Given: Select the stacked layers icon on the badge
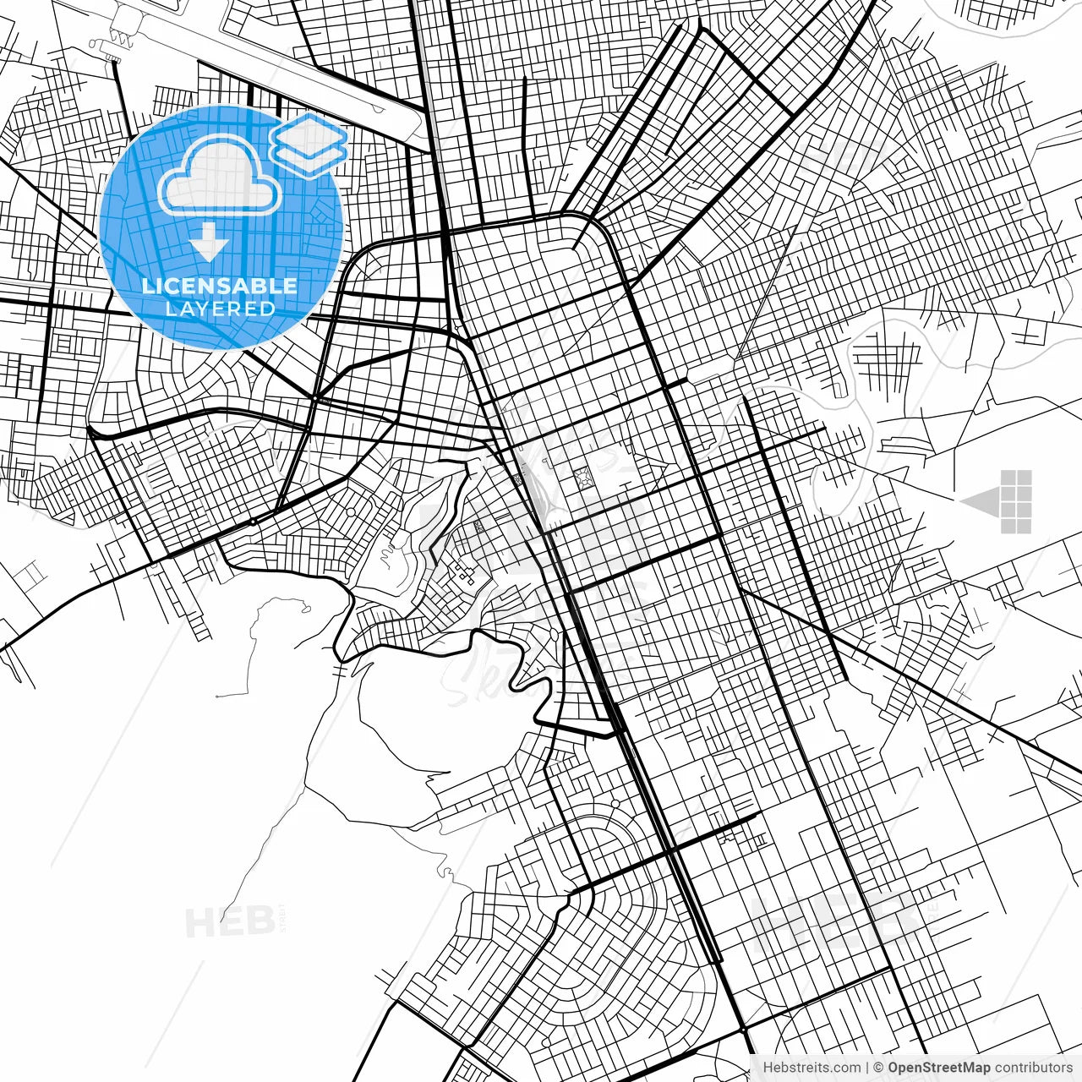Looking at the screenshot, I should [309, 144].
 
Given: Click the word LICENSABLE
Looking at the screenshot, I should [220, 286].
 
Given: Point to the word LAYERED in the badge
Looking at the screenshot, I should [220, 309].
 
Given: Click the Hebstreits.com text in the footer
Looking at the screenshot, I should [811, 1068].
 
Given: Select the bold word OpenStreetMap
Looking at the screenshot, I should [939, 1068].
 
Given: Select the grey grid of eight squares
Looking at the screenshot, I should [1016, 502].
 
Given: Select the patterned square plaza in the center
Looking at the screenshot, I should [582, 480].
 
